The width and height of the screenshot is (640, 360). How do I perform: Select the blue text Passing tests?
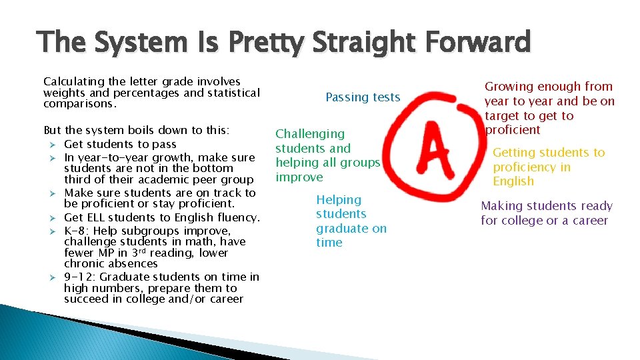(x=363, y=97)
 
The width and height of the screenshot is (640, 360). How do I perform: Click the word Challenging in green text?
(x=310, y=134)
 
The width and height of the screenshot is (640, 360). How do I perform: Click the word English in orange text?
(x=513, y=181)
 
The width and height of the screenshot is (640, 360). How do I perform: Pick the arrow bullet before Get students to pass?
(x=55, y=145)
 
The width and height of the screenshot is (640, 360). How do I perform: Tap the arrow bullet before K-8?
(x=55, y=231)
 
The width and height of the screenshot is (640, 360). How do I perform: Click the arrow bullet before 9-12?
(x=55, y=277)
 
